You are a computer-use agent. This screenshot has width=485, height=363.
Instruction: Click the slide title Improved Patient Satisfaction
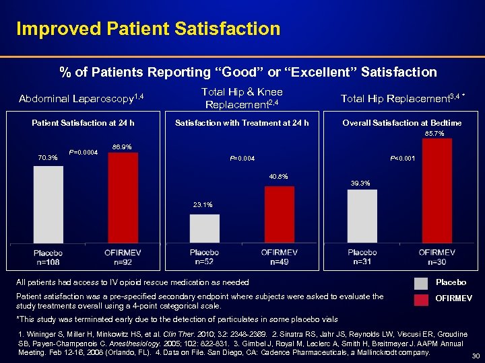(148, 29)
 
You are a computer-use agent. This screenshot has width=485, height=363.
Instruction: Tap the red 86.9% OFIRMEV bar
(122, 198)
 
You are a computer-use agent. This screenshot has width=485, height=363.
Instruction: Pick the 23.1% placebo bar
(205, 229)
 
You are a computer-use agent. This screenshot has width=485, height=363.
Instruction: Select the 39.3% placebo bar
(362, 216)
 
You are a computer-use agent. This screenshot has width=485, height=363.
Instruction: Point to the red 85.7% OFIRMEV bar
(436, 191)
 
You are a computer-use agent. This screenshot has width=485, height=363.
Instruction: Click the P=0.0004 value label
(84, 152)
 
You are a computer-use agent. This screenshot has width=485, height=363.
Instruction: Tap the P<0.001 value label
(403, 159)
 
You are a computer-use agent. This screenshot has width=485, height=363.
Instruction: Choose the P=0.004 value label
(242, 159)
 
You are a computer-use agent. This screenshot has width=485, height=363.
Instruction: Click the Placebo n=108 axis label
(48, 257)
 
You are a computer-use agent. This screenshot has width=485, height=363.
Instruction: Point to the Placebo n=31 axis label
(362, 257)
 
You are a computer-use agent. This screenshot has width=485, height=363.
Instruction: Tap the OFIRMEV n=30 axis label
(437, 257)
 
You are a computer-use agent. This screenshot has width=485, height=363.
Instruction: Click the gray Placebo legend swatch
(421, 283)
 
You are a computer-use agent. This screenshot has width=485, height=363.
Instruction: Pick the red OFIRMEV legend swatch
(421, 300)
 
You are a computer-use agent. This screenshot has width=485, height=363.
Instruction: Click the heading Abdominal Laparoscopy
(82, 99)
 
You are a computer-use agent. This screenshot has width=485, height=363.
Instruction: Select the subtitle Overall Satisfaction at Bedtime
(402, 122)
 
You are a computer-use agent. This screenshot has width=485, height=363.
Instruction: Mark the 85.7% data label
(434, 134)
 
